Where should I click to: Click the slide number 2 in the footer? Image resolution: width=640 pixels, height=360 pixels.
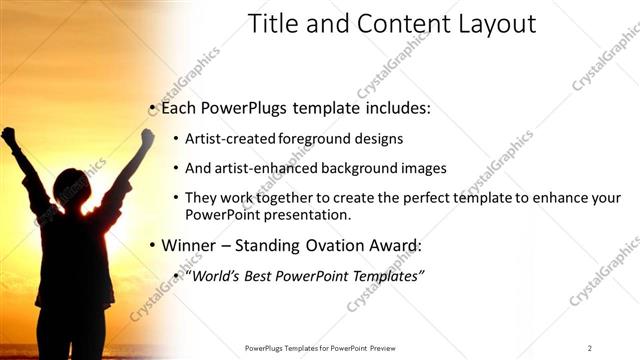pyautogui.click(x=589, y=347)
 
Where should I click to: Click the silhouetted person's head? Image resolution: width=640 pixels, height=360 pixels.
pyautogui.click(x=72, y=189)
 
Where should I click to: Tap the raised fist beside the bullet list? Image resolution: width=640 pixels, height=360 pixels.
pyautogui.click(x=147, y=137)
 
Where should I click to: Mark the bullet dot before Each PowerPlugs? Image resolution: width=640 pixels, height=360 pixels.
pyautogui.click(x=151, y=107)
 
